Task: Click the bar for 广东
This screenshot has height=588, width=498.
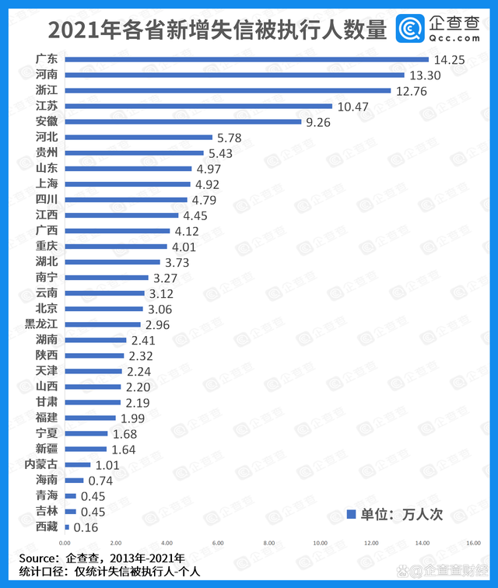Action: (x=246, y=59)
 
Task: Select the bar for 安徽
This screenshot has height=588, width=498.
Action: (x=182, y=121)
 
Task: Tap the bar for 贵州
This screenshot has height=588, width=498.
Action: (x=133, y=152)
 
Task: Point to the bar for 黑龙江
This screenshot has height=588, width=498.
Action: (x=102, y=324)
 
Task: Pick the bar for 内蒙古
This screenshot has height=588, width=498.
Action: (x=77, y=464)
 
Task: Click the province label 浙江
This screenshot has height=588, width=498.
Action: (x=46, y=90)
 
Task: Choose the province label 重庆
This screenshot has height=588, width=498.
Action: (x=46, y=246)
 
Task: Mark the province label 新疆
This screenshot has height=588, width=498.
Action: (x=46, y=449)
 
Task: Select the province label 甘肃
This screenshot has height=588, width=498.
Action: (x=46, y=402)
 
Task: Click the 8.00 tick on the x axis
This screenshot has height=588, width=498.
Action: (x=268, y=542)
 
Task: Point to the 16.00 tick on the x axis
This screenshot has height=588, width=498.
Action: (x=472, y=542)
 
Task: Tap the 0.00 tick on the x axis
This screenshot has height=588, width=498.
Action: (x=65, y=542)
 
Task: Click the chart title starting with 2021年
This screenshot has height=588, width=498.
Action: (x=217, y=30)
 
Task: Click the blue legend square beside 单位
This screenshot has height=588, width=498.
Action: (x=350, y=514)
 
